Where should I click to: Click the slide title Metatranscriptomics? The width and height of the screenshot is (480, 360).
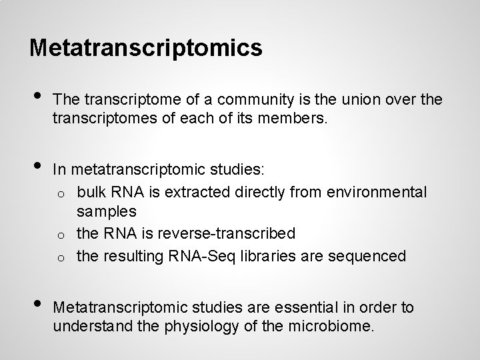click(x=146, y=47)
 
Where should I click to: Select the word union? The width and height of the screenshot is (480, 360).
click(x=359, y=101)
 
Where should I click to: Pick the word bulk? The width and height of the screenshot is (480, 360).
click(x=91, y=193)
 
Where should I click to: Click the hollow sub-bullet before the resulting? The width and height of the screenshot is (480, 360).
click(x=60, y=257)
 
